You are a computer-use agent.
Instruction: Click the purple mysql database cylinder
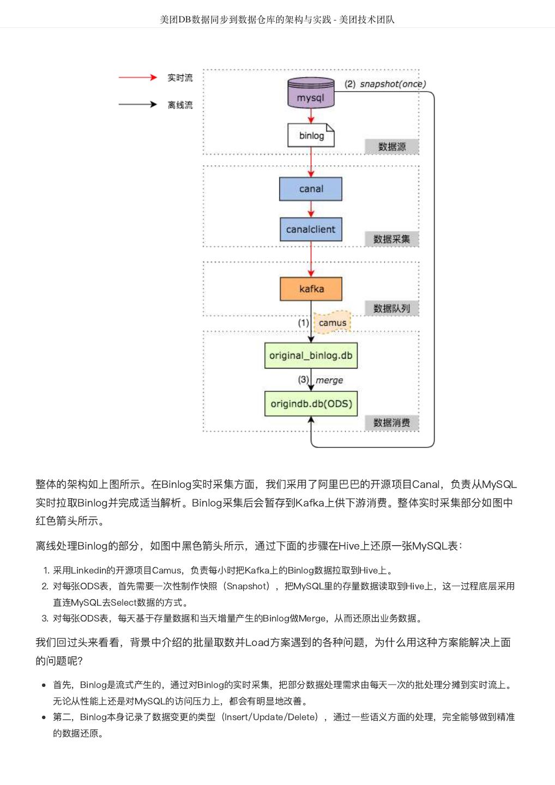click(311, 93)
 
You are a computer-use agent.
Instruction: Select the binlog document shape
click(311, 135)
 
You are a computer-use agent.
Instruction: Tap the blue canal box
click(311, 189)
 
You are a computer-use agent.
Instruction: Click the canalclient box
click(311, 229)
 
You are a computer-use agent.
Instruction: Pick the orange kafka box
click(311, 289)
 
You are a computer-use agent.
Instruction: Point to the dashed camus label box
click(332, 322)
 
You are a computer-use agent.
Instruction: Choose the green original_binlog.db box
click(311, 355)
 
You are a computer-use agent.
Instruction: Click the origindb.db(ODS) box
click(311, 404)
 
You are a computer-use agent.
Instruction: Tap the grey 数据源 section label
click(392, 147)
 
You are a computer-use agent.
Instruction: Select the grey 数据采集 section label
click(391, 239)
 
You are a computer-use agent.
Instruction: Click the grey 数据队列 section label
click(391, 308)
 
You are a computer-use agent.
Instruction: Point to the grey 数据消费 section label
click(391, 422)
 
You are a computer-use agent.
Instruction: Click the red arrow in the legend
click(137, 77)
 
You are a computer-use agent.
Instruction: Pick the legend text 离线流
click(180, 105)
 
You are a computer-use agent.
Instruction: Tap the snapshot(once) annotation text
click(393, 84)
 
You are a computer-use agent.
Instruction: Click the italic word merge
click(329, 380)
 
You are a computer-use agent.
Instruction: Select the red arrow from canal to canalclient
click(311, 209)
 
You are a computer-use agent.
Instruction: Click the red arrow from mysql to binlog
click(311, 116)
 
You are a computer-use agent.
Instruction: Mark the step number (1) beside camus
click(303, 323)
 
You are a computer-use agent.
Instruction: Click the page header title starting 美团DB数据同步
click(277, 20)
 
